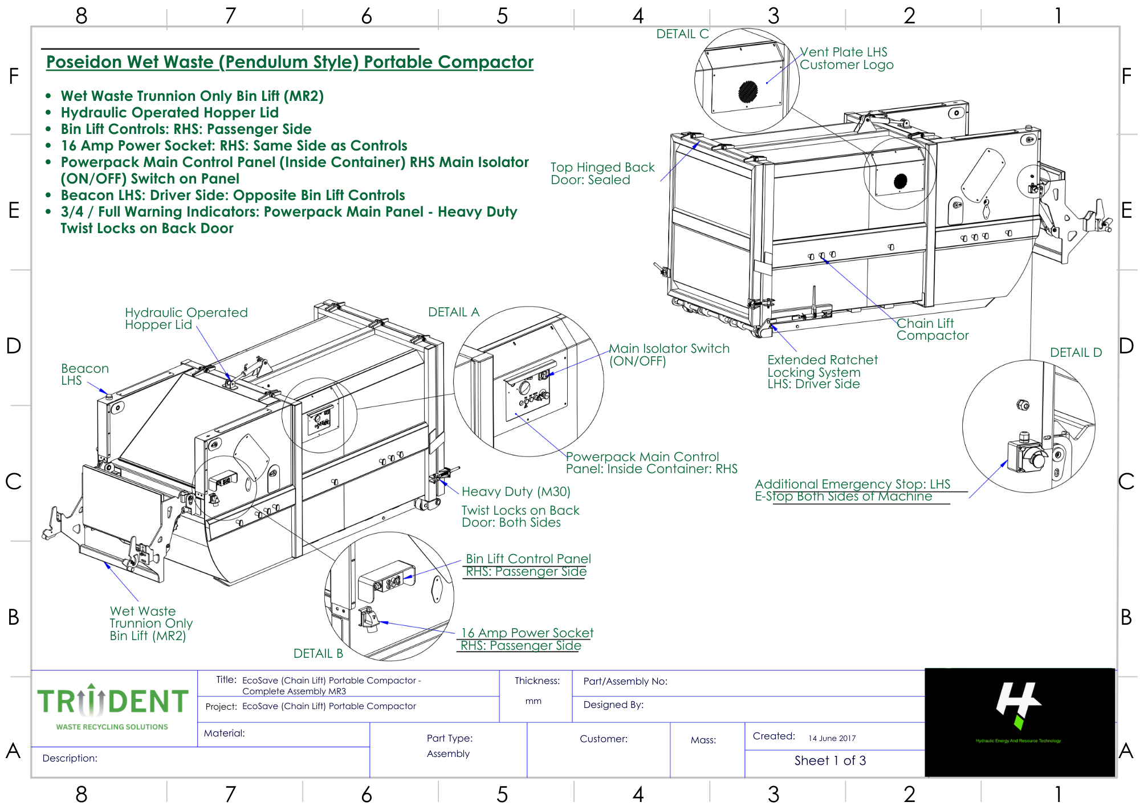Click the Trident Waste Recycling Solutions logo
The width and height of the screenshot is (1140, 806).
(x=112, y=707)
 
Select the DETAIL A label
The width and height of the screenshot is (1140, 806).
(x=454, y=312)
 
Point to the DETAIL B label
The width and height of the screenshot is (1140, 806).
(x=318, y=654)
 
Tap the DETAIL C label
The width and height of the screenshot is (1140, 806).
(x=682, y=34)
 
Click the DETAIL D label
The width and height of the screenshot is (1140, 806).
(x=1076, y=353)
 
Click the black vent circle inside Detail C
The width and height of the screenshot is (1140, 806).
(x=748, y=91)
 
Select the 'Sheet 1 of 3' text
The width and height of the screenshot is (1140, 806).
(x=830, y=760)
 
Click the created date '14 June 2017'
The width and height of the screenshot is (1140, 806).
(x=832, y=738)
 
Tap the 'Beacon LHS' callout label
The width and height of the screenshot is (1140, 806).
(x=84, y=374)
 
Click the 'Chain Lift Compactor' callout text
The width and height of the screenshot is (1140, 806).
(x=932, y=329)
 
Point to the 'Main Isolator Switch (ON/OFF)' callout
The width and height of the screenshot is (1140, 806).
(x=669, y=355)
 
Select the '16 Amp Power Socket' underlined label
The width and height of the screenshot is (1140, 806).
(x=527, y=633)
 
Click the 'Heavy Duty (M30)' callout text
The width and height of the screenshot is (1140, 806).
(x=515, y=491)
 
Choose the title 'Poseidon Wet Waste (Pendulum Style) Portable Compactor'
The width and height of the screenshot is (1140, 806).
(x=290, y=62)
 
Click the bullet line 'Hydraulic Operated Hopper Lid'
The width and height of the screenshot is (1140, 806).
(x=169, y=113)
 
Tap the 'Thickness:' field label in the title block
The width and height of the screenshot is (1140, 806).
(x=537, y=681)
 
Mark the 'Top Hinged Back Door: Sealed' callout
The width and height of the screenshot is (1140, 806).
(x=602, y=173)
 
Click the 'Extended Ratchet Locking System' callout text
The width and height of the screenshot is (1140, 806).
(x=822, y=366)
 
